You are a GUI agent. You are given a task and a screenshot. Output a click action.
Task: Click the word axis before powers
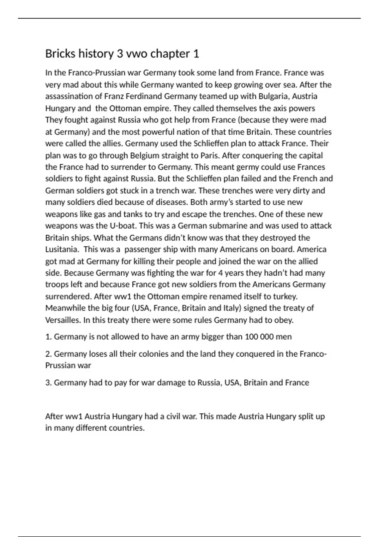[x=277, y=108]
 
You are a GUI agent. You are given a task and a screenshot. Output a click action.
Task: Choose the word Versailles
[x=63, y=320]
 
